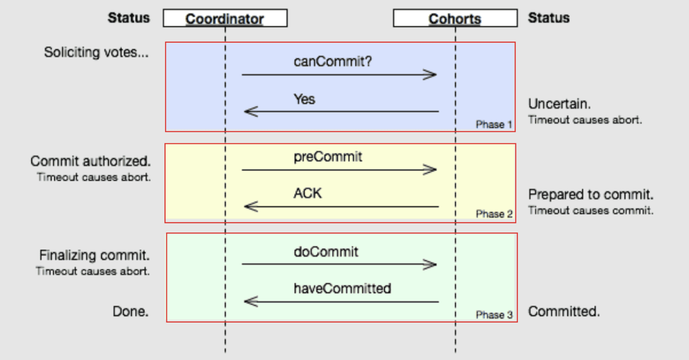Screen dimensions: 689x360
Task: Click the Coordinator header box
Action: point(225,18)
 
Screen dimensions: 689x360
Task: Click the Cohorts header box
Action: point(455,18)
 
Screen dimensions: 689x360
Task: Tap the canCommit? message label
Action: point(332,61)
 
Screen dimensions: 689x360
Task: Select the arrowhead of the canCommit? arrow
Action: point(431,75)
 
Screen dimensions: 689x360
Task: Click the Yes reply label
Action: point(305,99)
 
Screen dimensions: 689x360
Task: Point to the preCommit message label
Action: point(328,157)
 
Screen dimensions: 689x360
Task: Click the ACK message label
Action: point(307,194)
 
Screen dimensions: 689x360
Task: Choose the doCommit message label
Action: point(326,252)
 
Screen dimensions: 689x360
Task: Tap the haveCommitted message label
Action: point(342,289)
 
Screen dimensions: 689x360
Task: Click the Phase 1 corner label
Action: point(494,125)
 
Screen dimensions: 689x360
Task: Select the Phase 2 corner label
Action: point(494,214)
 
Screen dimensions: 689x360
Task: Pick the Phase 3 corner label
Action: point(494,315)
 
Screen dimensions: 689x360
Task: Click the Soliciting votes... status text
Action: point(96,52)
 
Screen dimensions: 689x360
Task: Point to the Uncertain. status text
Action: point(560,104)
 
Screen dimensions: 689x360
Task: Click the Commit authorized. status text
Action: point(90,161)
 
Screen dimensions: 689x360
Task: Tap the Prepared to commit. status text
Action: point(591,195)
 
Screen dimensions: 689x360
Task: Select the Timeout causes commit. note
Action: point(591,210)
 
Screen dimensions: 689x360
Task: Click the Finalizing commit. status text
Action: point(94,255)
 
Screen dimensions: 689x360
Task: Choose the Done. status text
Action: point(130,311)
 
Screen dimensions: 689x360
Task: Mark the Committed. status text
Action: point(564,311)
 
